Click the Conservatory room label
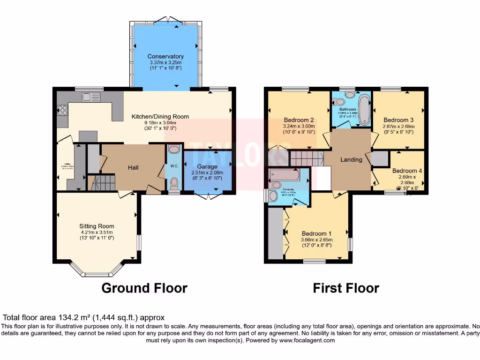(x=165, y=56)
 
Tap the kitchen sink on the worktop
(x=90, y=97)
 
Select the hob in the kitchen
(x=62, y=110)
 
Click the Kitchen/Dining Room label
(x=160, y=117)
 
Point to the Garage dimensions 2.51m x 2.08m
(x=207, y=172)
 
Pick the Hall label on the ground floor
(x=133, y=167)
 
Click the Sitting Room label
(x=97, y=226)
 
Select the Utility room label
(x=65, y=165)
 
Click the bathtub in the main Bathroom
(x=364, y=110)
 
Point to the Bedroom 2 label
(x=299, y=120)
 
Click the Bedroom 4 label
(x=407, y=171)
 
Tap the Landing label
(x=351, y=159)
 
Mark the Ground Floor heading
(x=144, y=288)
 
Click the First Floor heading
(x=346, y=288)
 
